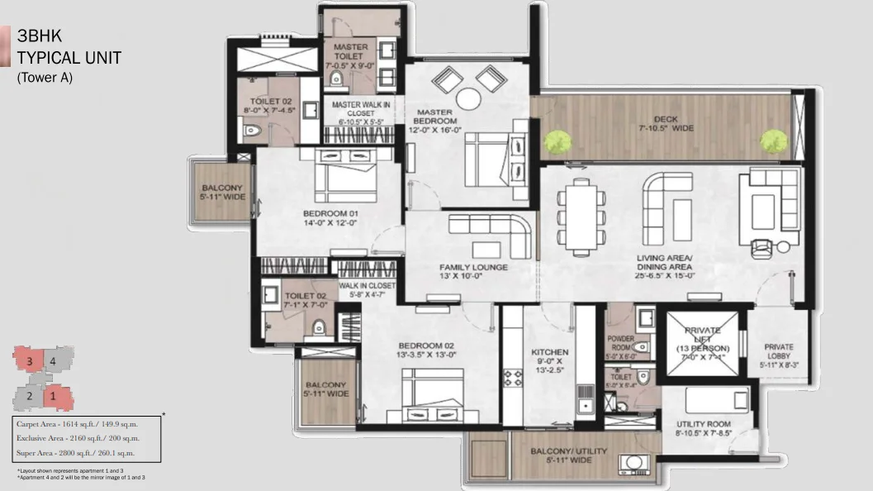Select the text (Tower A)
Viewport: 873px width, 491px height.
coord(45,78)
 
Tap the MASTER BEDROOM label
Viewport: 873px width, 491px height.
coord(433,112)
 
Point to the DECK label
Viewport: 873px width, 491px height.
coord(665,118)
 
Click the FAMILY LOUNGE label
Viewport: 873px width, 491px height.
coord(472,268)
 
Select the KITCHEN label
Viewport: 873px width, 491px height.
coord(549,352)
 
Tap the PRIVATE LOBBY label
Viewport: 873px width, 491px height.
coord(779,347)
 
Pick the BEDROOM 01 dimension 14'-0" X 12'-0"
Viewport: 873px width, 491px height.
coord(329,222)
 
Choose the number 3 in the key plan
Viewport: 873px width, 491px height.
coord(29,360)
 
